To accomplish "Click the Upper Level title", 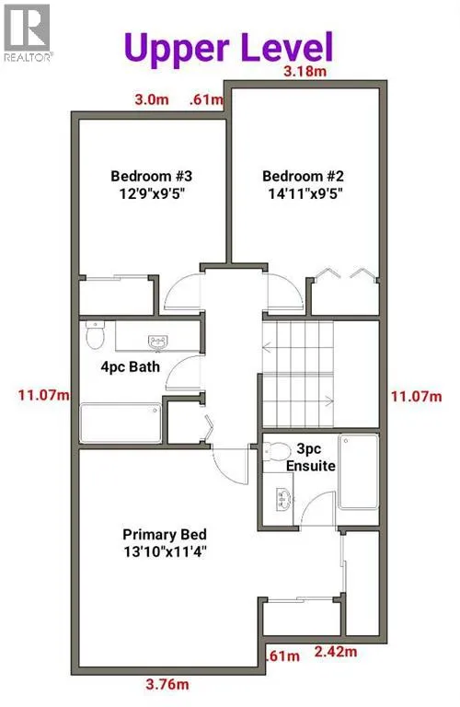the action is (228, 48).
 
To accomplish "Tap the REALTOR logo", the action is (27, 32).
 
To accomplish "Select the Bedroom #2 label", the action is (304, 184).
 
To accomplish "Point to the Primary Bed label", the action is (165, 543).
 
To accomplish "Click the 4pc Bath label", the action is (131, 366).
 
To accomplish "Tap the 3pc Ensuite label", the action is (311, 457).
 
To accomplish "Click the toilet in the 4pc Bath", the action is (95, 334).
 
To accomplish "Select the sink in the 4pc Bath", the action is (157, 342).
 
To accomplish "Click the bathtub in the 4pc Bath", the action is (121, 423).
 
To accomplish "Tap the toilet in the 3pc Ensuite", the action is (277, 451).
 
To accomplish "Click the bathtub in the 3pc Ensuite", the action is (358, 471).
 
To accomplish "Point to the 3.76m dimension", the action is (167, 685).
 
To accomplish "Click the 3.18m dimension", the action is (305, 71).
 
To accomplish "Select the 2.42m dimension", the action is (336, 652).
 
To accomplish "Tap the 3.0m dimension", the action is (152, 99).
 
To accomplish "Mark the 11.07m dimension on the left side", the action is (44, 396).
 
